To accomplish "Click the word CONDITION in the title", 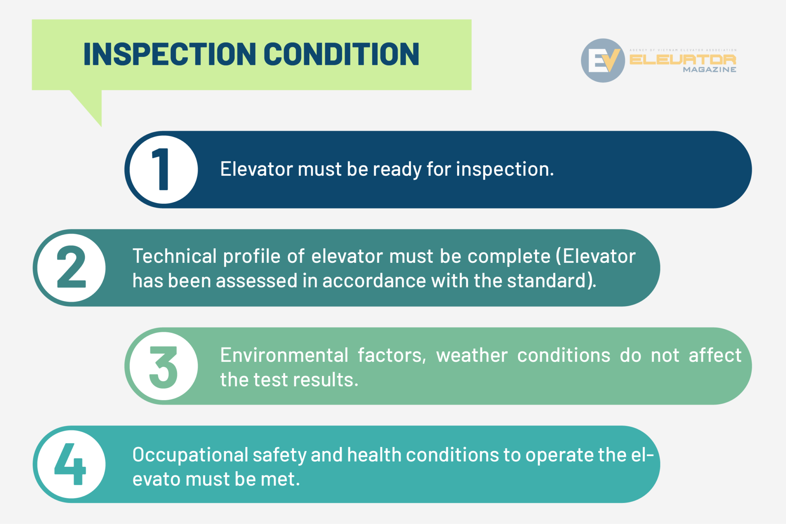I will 341,54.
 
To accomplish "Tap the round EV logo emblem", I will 603,60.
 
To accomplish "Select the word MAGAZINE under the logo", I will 709,70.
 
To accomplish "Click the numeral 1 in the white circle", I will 162,170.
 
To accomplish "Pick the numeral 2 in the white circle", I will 71,267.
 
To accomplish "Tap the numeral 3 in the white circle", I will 163,366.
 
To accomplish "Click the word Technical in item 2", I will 175,256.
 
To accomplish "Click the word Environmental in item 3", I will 284,355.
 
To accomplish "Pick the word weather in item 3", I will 472,355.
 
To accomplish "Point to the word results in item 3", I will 325,379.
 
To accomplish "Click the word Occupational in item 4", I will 190,455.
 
